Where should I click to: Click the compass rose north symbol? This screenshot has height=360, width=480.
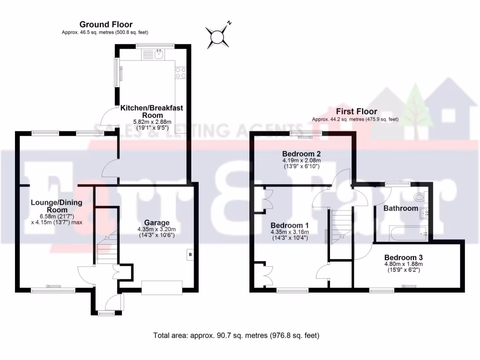219,36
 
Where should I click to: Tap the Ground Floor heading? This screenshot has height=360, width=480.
106,24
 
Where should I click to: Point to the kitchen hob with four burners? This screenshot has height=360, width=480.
180,73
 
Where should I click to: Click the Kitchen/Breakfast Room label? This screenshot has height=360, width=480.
152,112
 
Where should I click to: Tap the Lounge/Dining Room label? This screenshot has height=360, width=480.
49,206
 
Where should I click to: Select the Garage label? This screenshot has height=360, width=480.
157,223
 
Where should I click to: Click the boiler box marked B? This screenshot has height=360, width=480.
190,255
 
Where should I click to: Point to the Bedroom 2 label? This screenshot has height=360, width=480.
301,154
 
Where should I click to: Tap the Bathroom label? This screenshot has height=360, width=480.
400,208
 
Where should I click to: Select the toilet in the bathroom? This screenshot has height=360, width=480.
420,198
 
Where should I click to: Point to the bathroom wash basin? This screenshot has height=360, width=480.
427,214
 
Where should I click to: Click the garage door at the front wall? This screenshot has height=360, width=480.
162,287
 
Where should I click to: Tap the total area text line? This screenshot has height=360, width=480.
237,336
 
